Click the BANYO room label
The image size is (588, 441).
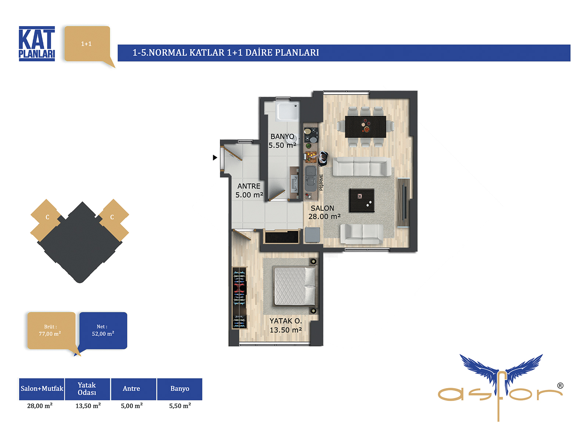pyautogui.click(x=282, y=137)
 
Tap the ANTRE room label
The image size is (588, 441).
pyautogui.click(x=249, y=186)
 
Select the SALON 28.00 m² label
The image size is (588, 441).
pyautogui.click(x=324, y=212)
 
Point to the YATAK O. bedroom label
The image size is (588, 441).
pyautogui.click(x=286, y=321)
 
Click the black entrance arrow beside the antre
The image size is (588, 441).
pyautogui.click(x=215, y=157)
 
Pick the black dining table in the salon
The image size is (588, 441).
pyautogui.click(x=365, y=127)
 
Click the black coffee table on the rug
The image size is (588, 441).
pyautogui.click(x=362, y=200)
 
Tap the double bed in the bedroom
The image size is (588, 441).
pyautogui.click(x=295, y=286)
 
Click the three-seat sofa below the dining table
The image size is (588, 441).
pyautogui.click(x=362, y=166)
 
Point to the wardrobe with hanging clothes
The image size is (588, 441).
pyautogui.click(x=239, y=298)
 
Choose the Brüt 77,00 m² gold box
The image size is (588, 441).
pyautogui.click(x=52, y=330)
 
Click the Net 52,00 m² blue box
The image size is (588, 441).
pyautogui.click(x=103, y=330)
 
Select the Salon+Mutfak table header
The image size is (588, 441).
pyautogui.click(x=42, y=389)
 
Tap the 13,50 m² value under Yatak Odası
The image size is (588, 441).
pyautogui.click(x=88, y=406)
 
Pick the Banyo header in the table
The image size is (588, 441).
pyautogui.click(x=180, y=389)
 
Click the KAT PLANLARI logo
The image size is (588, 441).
pyautogui.click(x=37, y=44)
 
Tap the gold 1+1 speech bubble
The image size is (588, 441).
pyautogui.click(x=87, y=44)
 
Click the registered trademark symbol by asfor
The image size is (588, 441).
pyautogui.click(x=560, y=386)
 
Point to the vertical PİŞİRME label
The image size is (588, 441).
pyautogui.click(x=321, y=182)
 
